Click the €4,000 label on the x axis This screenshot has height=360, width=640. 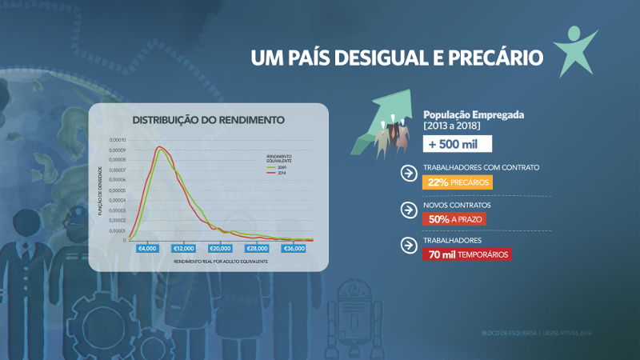tap(147, 248)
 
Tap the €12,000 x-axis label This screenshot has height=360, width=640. tap(184, 248)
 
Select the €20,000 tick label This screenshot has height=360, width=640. tap(221, 248)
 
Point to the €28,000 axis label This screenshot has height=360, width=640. tap(258, 248)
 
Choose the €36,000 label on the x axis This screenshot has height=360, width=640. tap(294, 248)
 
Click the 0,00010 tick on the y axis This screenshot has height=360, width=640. tap(117, 140)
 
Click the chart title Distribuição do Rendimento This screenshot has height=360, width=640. tap(208, 121)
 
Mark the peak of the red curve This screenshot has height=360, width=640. tap(159, 147)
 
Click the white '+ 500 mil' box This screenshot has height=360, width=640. tap(457, 144)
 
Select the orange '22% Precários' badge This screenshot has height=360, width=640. tap(457, 182)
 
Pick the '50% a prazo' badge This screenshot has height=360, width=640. tap(454, 218)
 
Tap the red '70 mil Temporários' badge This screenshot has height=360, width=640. tap(466, 254)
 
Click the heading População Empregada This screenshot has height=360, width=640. tap(474, 114)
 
